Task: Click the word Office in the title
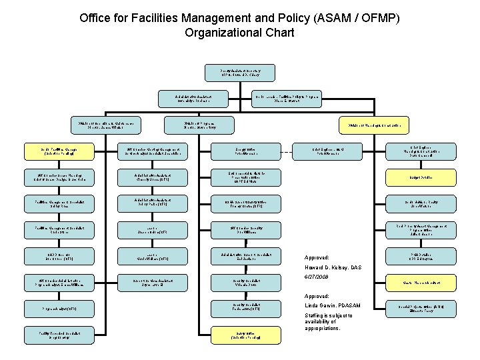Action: (x=96, y=17)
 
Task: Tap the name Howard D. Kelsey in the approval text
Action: (x=329, y=267)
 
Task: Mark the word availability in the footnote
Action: (x=323, y=322)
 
